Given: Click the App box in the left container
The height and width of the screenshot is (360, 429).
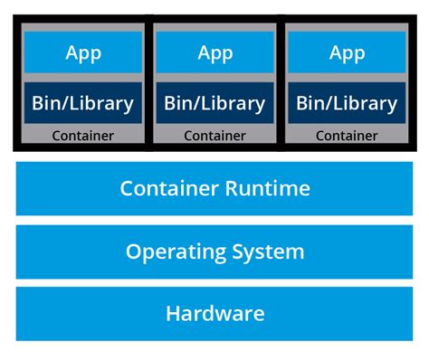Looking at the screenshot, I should coord(83,52).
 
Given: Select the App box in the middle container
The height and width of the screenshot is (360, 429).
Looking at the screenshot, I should coord(215,52).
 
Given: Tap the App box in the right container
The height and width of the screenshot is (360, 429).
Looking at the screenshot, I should coord(347,52).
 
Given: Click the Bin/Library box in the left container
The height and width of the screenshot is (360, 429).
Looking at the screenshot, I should coord(83,102).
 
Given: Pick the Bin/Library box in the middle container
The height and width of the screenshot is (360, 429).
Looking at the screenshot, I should coord(215,102).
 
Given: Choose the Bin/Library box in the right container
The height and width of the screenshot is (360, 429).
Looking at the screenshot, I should coord(347,102).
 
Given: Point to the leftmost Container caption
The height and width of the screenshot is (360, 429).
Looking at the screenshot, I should coord(83,137).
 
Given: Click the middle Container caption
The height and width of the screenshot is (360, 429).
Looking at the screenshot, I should coord(215,137).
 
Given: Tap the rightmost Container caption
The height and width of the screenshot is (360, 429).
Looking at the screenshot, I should coord(347,137).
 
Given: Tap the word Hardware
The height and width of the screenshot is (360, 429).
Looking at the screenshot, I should coord(215,314).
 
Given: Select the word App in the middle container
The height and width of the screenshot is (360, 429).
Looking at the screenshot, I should coord(215,52).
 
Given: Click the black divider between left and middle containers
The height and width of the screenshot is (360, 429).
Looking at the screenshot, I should coord(149,81).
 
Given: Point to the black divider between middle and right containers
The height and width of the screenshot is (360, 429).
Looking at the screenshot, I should coord(281,81).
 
